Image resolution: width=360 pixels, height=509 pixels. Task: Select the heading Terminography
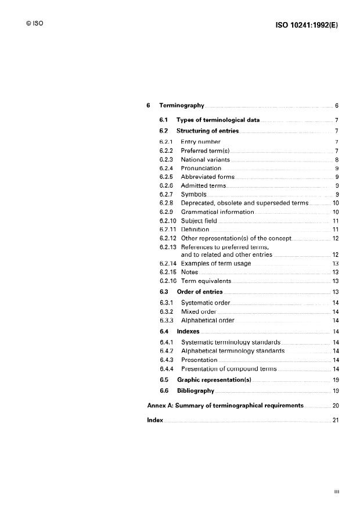click(x=182, y=106)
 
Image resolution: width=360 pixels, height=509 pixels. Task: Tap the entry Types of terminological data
click(x=218, y=120)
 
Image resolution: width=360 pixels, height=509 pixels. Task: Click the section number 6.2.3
click(x=167, y=159)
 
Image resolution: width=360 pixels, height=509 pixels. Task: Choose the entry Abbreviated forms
click(x=207, y=177)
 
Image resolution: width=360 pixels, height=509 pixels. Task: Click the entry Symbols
click(x=193, y=194)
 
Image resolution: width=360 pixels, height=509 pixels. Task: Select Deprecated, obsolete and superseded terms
click(x=244, y=203)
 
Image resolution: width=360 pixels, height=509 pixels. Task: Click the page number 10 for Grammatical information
click(x=335, y=212)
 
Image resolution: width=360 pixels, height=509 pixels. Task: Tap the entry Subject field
click(x=199, y=221)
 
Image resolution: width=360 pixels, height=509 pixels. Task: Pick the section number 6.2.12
click(x=168, y=238)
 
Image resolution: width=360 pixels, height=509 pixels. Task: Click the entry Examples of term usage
click(x=216, y=263)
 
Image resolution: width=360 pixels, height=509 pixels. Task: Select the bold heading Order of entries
click(x=200, y=292)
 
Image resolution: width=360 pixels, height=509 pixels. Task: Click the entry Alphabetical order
click(x=207, y=320)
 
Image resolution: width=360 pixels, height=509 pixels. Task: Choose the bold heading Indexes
click(x=188, y=331)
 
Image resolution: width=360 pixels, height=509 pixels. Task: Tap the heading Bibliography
click(x=196, y=391)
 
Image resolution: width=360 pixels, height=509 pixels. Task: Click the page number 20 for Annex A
click(x=335, y=405)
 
